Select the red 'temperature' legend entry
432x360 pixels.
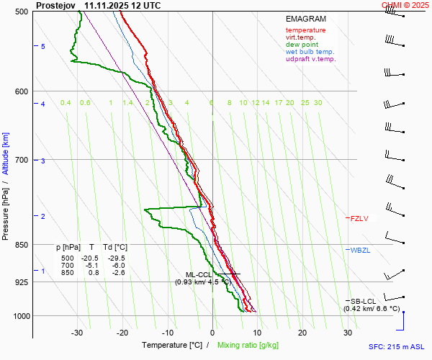click(305, 30)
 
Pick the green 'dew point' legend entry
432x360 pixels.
click(301, 45)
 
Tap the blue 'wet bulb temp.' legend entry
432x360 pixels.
click(310, 52)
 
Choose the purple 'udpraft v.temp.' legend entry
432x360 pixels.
click(311, 59)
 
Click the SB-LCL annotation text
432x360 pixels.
click(363, 301)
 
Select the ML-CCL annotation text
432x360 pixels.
click(199, 274)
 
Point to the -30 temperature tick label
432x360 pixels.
click(77, 333)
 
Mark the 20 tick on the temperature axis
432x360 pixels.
click(302, 333)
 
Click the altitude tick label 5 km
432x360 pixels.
click(43, 46)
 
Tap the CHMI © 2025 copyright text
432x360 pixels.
click(407, 5)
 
